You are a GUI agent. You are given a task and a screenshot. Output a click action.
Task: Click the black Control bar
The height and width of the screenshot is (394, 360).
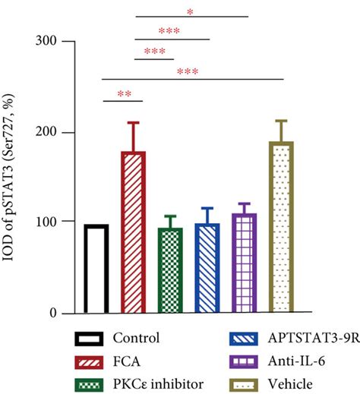point(96,269)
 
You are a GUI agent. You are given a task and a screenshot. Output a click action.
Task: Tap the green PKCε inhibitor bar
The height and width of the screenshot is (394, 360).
point(170,270)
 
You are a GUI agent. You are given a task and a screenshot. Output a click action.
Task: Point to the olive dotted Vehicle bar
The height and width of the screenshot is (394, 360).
point(282,228)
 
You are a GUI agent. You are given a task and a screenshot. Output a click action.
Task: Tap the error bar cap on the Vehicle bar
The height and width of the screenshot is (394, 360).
point(282,121)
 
